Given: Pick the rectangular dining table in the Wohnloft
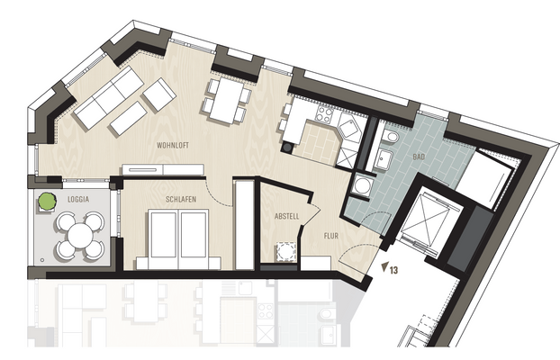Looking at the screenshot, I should [227, 97].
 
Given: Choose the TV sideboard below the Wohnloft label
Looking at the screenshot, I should [151, 169].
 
